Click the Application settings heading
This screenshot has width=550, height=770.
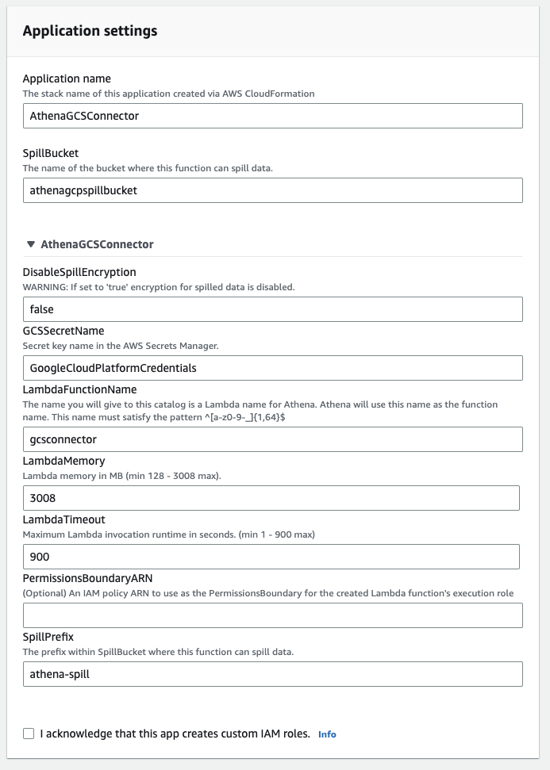point(90,31)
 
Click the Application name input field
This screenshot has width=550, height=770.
point(272,116)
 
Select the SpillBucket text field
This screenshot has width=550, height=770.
point(272,190)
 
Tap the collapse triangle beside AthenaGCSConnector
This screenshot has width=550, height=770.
point(31,244)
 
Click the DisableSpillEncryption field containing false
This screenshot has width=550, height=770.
point(272,309)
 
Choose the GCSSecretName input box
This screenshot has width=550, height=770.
point(272,368)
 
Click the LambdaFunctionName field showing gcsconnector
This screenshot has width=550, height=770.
point(272,439)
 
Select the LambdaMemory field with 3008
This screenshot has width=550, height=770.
point(271,498)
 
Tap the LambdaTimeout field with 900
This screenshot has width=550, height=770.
point(271,557)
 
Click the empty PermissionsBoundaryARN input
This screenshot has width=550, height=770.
point(272,615)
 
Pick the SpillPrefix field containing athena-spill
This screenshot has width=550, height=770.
point(272,674)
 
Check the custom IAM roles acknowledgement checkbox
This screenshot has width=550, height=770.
point(29,734)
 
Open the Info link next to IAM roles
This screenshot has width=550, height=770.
point(327,734)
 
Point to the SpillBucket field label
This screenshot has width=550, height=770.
point(51,153)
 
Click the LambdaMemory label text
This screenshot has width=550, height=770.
point(63,461)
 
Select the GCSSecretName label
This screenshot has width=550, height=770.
point(63,331)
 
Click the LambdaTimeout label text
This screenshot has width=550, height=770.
point(63,519)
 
